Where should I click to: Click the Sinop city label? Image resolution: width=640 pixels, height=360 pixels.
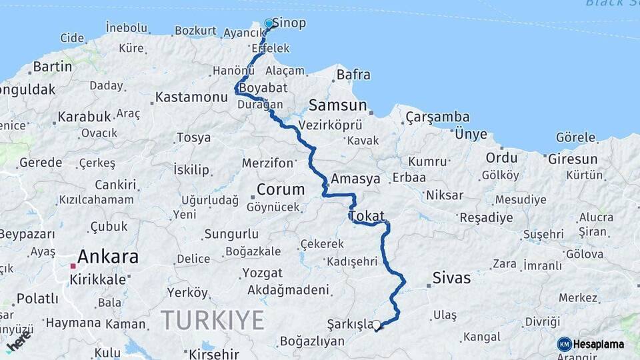tap(289, 24)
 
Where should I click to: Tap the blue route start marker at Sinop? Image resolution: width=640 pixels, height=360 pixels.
tap(269, 24)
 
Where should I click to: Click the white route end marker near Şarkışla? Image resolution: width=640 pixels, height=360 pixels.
tap(377, 325)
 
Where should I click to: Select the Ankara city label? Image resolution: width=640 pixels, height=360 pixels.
tap(108, 257)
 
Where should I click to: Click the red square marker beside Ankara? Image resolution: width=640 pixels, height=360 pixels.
tap(73, 266)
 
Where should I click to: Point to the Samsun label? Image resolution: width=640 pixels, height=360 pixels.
tap(338, 105)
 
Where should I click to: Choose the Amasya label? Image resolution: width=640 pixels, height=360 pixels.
tap(355, 179)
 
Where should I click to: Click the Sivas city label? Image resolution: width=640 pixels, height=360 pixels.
tap(451, 278)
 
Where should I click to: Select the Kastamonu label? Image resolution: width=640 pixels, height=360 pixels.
tap(191, 97)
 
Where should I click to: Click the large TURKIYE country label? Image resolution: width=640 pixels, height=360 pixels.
tap(213, 320)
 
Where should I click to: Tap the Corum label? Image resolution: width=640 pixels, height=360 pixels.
tap(281, 189)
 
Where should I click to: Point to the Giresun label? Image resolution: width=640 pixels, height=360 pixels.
tap(572, 159)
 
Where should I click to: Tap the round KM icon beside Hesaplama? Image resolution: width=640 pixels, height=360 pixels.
tap(564, 344)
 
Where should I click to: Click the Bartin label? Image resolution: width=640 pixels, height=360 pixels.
tap(52, 67)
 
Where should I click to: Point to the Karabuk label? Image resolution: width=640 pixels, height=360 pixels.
tap(84, 117)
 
